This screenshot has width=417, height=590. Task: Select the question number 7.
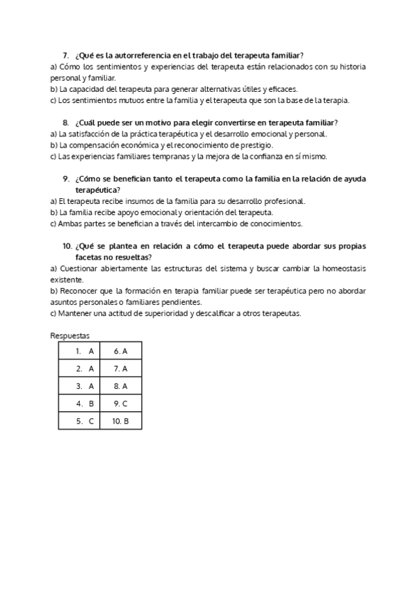click(65, 55)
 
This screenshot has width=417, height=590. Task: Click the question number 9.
click(65, 179)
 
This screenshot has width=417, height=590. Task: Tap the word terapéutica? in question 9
click(97, 189)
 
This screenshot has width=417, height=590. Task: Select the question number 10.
click(67, 246)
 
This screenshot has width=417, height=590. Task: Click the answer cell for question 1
click(84, 351)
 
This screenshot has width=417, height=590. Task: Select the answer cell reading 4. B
click(84, 404)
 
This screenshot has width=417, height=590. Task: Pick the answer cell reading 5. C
click(84, 421)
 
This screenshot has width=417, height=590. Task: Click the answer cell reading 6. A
click(121, 351)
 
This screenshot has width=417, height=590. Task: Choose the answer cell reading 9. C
click(121, 404)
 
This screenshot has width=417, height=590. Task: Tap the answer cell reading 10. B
click(121, 421)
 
